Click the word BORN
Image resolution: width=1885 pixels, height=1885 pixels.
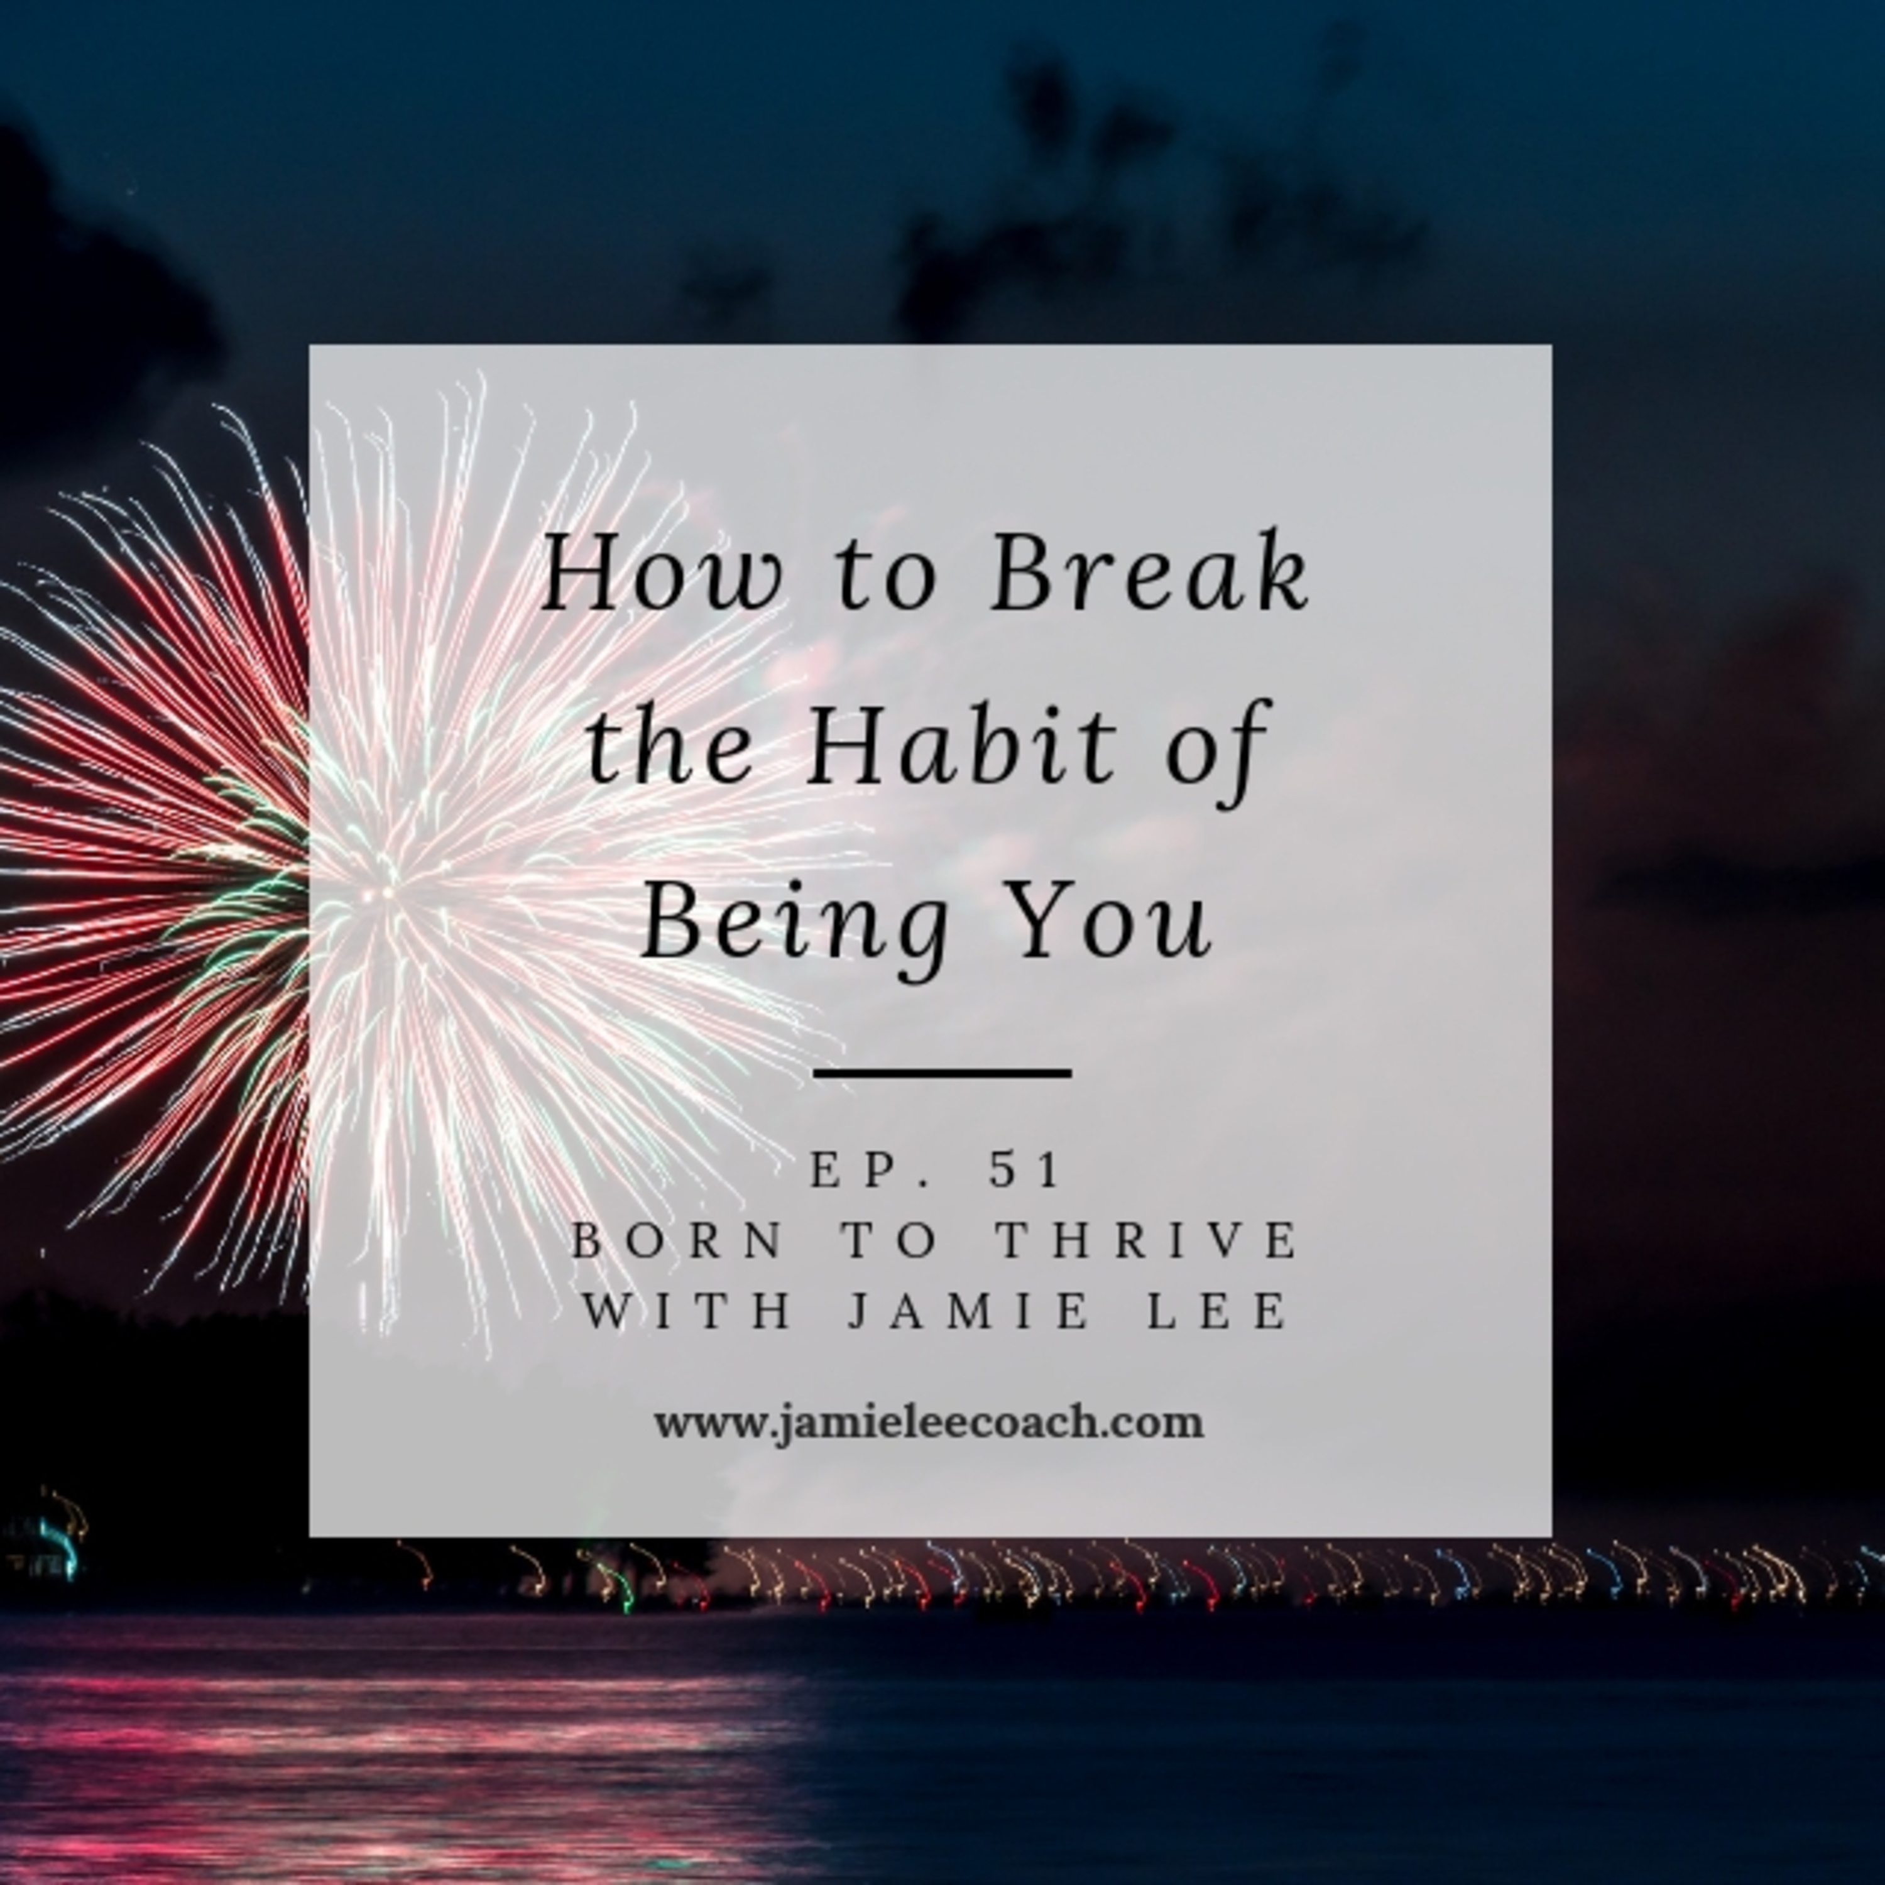click(x=677, y=1241)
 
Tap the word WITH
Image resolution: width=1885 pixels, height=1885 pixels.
click(x=686, y=1311)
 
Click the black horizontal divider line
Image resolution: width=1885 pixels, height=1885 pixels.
click(x=942, y=1073)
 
